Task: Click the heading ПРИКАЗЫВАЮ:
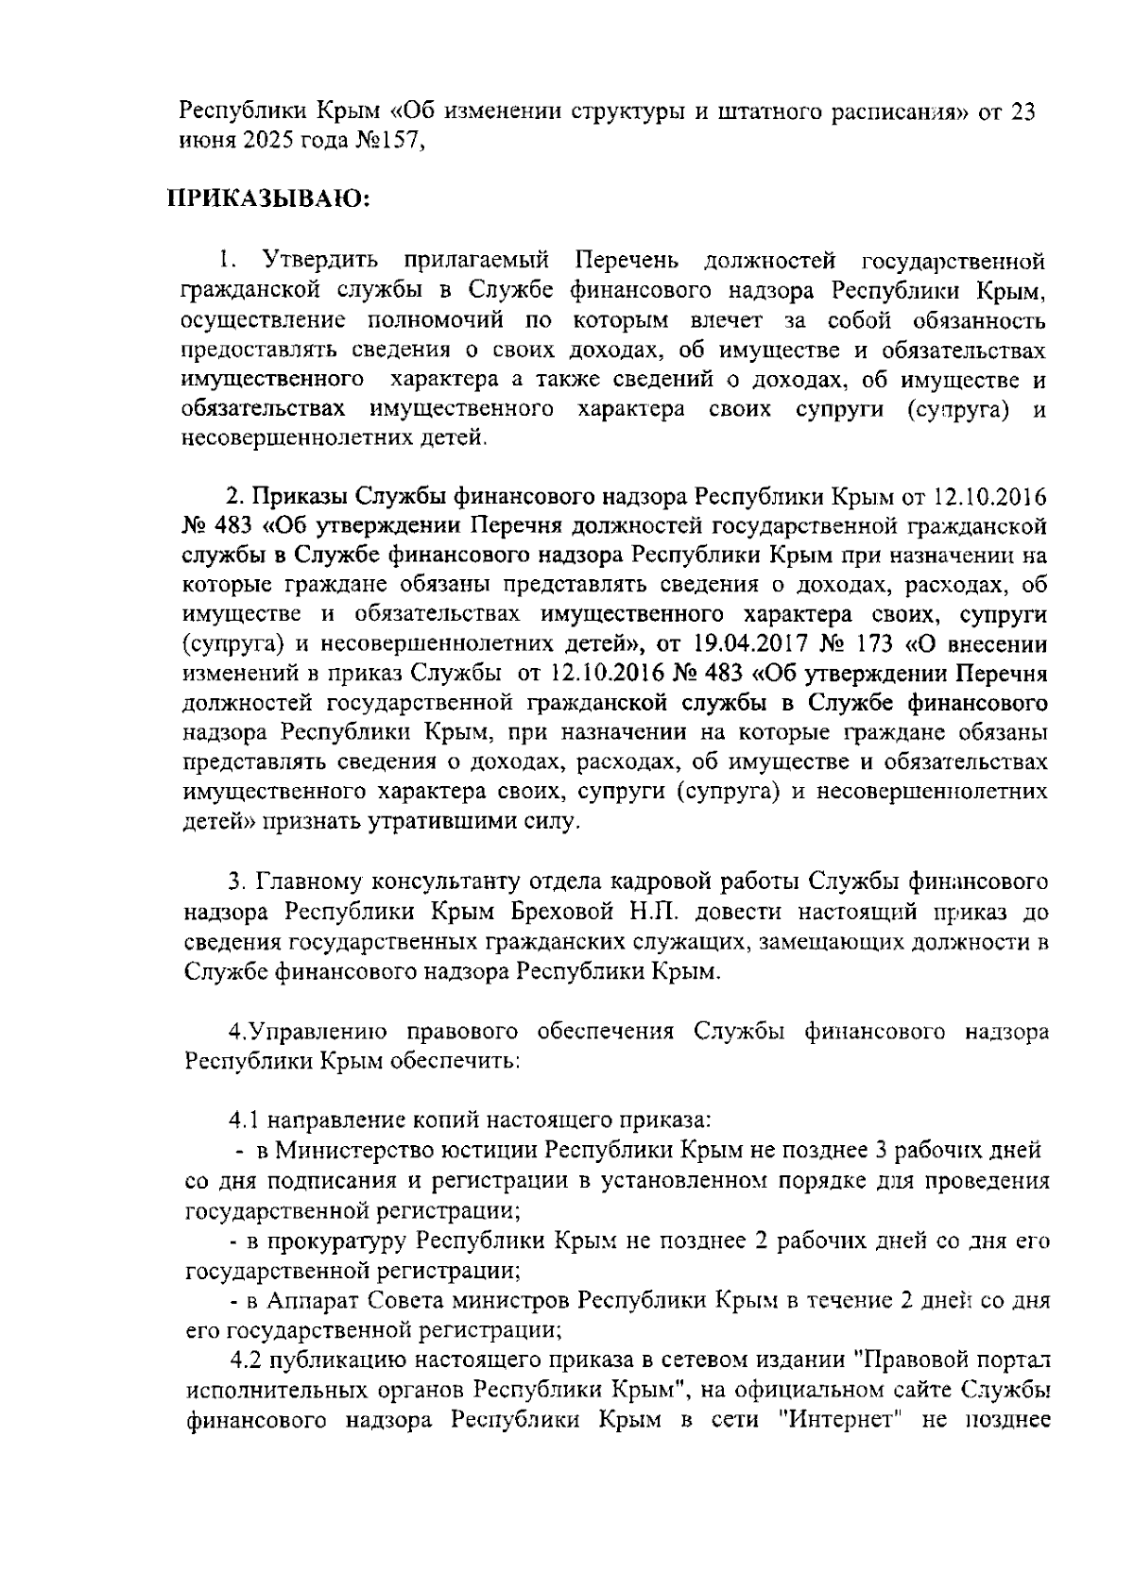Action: tap(267, 200)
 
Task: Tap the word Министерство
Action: tap(357, 1151)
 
